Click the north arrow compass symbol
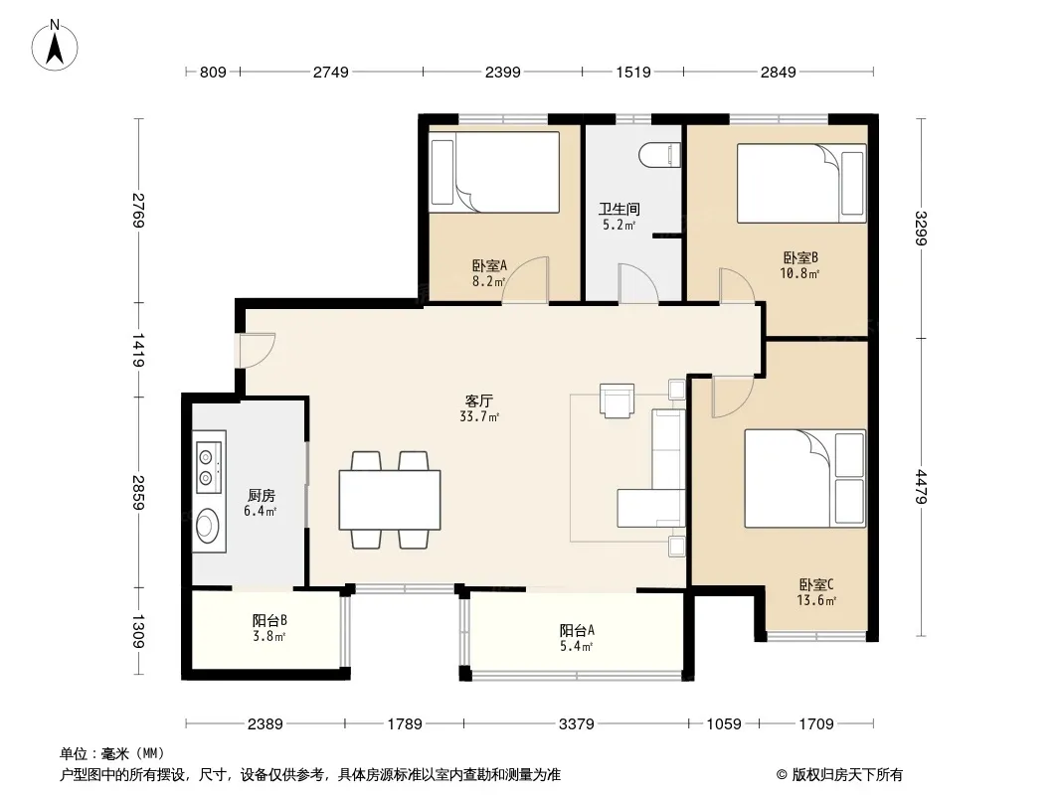pyautogui.click(x=55, y=46)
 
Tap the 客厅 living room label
pyautogui.click(x=478, y=400)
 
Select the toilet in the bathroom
pyautogui.click(x=659, y=155)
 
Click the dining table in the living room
pyautogui.click(x=390, y=500)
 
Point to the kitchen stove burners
pyautogui.click(x=210, y=467)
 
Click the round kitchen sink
pyautogui.click(x=208, y=525)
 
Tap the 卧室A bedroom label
pyautogui.click(x=489, y=265)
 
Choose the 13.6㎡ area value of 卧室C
pyautogui.click(x=816, y=600)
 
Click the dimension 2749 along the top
pyautogui.click(x=330, y=72)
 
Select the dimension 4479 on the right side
pyautogui.click(x=921, y=486)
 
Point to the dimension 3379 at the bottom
pyautogui.click(x=576, y=724)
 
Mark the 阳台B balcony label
pyautogui.click(x=269, y=619)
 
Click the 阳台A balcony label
pyautogui.click(x=577, y=630)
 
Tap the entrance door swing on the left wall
pyautogui.click(x=256, y=351)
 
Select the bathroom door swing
pyautogui.click(x=638, y=283)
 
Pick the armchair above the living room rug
pyautogui.click(x=617, y=400)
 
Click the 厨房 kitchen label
pyautogui.click(x=261, y=496)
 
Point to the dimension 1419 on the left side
pyautogui.click(x=138, y=350)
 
